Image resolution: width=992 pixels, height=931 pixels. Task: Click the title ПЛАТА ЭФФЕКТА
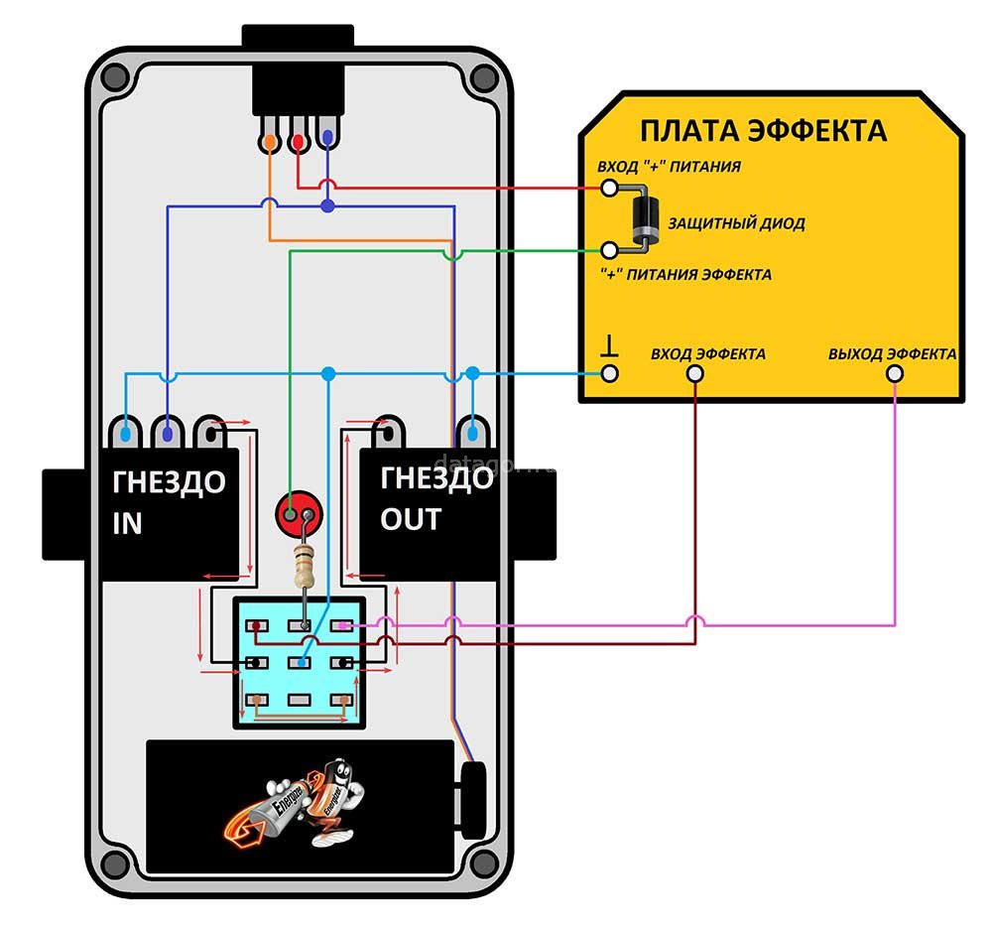762,131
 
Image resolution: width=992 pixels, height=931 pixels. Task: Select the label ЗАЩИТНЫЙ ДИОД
736,223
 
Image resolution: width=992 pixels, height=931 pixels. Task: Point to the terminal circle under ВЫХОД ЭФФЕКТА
895,374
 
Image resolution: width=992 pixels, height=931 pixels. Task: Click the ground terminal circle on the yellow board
610,374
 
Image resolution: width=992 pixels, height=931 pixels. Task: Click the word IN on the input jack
128,524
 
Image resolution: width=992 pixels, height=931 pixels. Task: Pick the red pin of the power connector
298,142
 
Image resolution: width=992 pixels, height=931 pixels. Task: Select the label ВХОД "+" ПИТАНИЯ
668,166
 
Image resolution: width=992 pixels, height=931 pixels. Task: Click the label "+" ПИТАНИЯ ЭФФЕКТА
685,274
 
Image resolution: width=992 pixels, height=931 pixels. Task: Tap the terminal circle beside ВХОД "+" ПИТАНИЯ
610,188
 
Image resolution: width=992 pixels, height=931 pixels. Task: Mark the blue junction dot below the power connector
327,206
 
